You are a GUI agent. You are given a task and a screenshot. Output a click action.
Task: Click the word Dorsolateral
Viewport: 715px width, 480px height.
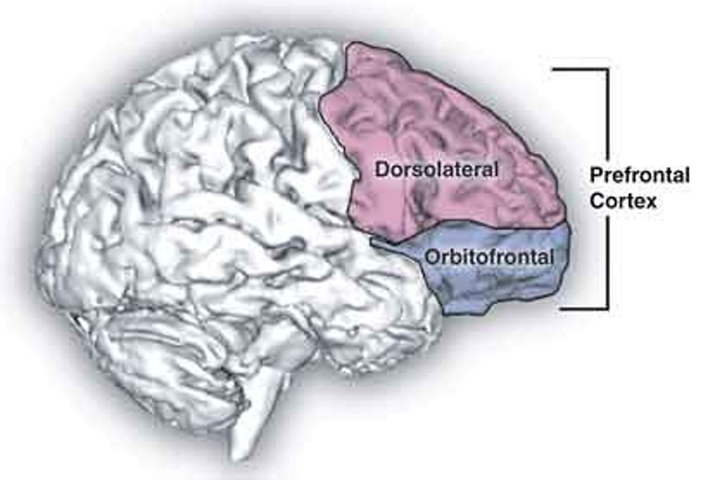coord(436,170)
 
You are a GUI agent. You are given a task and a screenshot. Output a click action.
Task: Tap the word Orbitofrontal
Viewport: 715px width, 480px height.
coord(489,257)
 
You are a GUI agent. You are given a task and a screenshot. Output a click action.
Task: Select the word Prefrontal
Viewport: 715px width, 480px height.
coord(640,175)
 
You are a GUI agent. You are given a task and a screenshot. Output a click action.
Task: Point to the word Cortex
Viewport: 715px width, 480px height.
coord(624,201)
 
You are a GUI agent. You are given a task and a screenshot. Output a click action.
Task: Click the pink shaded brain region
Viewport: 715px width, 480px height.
coord(447,124)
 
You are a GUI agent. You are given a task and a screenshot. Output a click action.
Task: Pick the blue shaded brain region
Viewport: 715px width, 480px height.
coord(497,288)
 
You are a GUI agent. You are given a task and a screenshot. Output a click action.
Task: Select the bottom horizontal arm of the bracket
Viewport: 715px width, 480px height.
coord(583,308)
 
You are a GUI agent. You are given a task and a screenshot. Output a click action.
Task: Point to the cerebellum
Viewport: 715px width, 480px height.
coord(164,348)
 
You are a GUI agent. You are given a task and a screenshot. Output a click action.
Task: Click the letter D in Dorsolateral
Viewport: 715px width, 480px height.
coord(382,170)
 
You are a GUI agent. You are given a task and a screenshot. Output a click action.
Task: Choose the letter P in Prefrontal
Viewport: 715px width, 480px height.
coord(595,175)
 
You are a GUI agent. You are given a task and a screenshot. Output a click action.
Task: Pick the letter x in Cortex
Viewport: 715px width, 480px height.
coord(650,202)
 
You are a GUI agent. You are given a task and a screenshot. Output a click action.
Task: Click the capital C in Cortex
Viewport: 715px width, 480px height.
coord(596,201)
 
